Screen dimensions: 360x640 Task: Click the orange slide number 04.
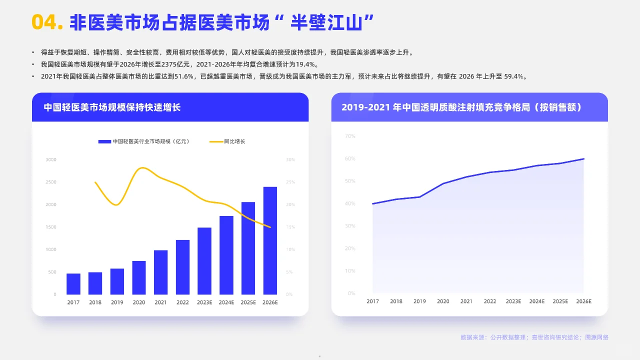(x=47, y=21)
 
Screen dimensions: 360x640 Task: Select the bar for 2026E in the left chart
(x=270, y=240)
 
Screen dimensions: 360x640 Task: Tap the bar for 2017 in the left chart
(x=73, y=283)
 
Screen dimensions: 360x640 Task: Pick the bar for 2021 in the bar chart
(x=160, y=272)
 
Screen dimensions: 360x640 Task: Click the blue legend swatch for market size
(x=104, y=141)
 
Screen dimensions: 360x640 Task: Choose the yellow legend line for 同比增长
(x=216, y=141)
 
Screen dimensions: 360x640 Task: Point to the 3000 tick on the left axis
(x=51, y=159)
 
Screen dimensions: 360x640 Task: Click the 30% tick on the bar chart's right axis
(x=290, y=159)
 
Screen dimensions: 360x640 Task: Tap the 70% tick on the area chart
(x=350, y=136)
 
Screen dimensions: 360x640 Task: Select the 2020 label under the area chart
(x=443, y=301)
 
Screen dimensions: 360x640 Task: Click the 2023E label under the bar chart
(x=204, y=302)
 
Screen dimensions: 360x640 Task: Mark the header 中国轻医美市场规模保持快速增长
(x=112, y=107)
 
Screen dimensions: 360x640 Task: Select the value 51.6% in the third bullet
(x=182, y=76)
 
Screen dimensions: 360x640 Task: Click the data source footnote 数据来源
(x=534, y=337)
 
